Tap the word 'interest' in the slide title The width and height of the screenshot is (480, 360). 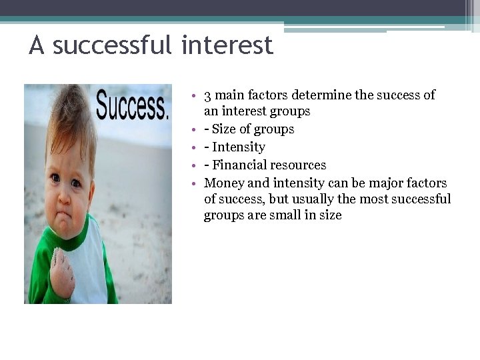coord(227,46)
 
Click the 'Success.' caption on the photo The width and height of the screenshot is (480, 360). coord(131,107)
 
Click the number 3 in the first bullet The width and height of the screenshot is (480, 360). coord(208,95)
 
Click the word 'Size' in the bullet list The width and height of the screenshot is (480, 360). coord(225,129)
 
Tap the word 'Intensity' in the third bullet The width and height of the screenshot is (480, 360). coord(239,147)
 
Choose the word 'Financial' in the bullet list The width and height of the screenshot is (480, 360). coord(241,165)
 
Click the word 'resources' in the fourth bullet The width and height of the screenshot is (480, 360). coord(300,165)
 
